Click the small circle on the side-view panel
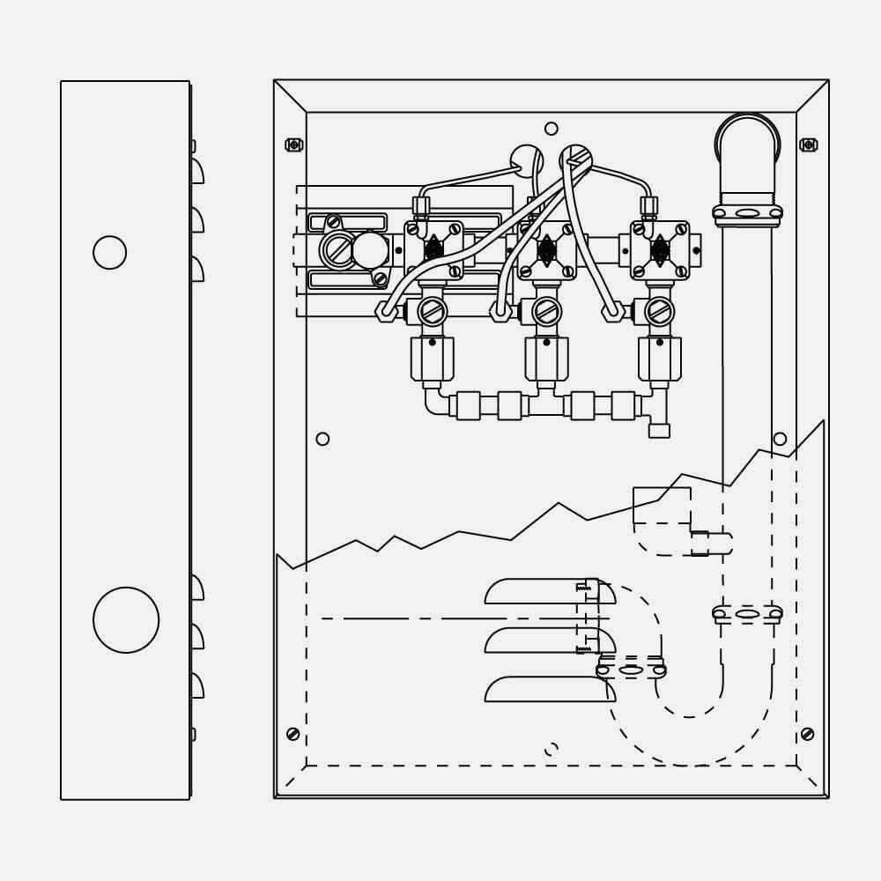pos(110,253)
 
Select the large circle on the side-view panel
pos(126,620)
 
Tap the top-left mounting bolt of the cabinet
pos(294,144)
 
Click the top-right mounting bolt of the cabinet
pos(808,144)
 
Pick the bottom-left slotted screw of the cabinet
pos(293,734)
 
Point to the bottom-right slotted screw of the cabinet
pos(807,734)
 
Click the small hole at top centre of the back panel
pos(552,129)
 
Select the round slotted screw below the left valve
pos(432,311)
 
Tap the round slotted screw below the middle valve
pos(546,311)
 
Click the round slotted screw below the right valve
pos(659,311)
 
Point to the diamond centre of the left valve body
pos(433,250)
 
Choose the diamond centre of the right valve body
pos(660,250)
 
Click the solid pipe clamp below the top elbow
pos(747,213)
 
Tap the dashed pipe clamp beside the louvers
pos(631,670)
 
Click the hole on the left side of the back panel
pos(322,439)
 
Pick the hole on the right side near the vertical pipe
pos(780,439)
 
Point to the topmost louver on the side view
pos(197,171)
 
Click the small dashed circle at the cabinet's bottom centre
pos(552,750)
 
